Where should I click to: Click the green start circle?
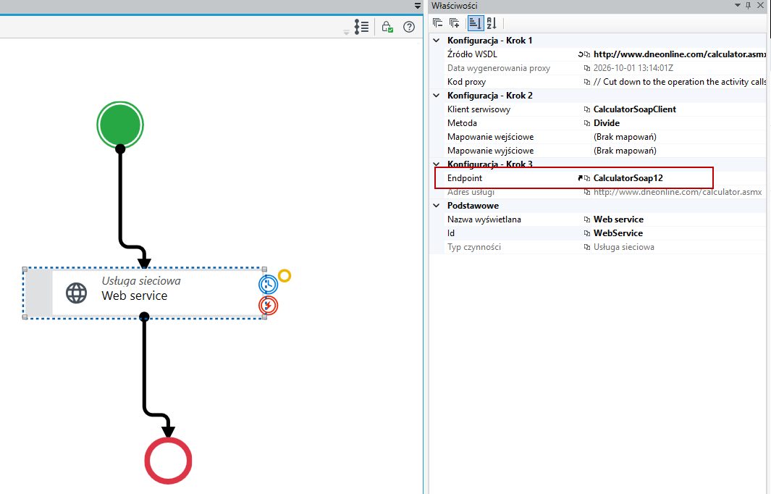coord(120,125)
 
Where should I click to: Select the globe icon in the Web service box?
coord(76,293)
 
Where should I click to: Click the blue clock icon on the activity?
coord(269,285)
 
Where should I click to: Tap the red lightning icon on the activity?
coord(269,306)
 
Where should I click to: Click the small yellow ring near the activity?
coord(285,275)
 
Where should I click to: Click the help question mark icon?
coord(409,27)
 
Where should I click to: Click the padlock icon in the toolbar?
coord(387,27)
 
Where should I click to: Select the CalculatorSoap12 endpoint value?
coord(628,178)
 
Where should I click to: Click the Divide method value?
coord(606,123)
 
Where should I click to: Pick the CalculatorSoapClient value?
coord(635,109)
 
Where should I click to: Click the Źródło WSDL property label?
coord(472,54)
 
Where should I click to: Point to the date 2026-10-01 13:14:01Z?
coord(633,68)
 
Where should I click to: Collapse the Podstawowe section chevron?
coord(436,206)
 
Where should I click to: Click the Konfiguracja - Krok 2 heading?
coord(489,96)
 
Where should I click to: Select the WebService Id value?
coord(618,233)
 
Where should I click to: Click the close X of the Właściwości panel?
coord(760,5)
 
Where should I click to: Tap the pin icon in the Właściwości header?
coord(749,5)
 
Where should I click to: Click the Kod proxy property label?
coord(466,82)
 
